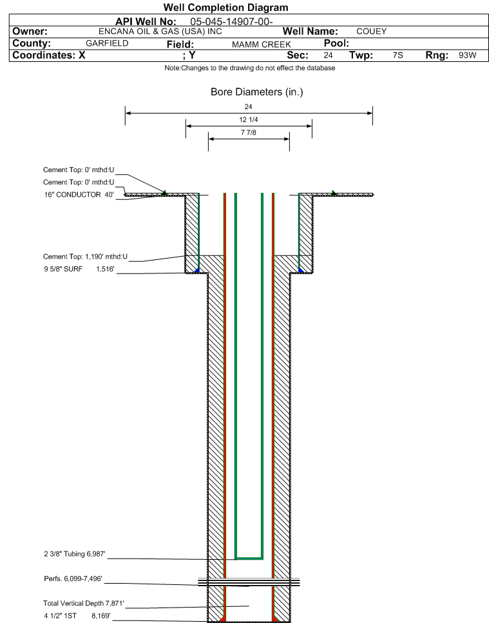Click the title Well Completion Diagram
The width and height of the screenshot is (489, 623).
226,8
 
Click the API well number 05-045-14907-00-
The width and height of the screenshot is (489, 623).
231,21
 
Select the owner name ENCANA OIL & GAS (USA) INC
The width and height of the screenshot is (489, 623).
160,32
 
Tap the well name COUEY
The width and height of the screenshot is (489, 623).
372,32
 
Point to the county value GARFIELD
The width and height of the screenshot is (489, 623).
107,43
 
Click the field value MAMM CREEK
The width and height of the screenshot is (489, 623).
262,44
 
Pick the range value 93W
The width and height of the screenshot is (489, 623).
468,55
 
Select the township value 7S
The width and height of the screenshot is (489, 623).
398,55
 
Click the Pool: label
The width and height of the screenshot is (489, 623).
336,43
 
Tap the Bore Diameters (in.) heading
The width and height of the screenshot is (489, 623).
257,92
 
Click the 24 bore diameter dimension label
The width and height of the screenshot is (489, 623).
249,106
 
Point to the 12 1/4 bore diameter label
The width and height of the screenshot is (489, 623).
249,119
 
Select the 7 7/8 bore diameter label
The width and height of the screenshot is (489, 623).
249,132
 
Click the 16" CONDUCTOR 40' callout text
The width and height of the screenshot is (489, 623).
79,195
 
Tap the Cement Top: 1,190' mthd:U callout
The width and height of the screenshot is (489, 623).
85,257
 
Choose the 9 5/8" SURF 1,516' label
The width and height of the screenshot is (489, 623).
79,269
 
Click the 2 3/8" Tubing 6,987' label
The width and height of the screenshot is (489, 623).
75,554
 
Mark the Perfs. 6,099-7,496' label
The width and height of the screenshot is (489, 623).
73,579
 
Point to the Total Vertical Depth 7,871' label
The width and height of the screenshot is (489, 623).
84,604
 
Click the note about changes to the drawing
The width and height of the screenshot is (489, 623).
250,68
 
